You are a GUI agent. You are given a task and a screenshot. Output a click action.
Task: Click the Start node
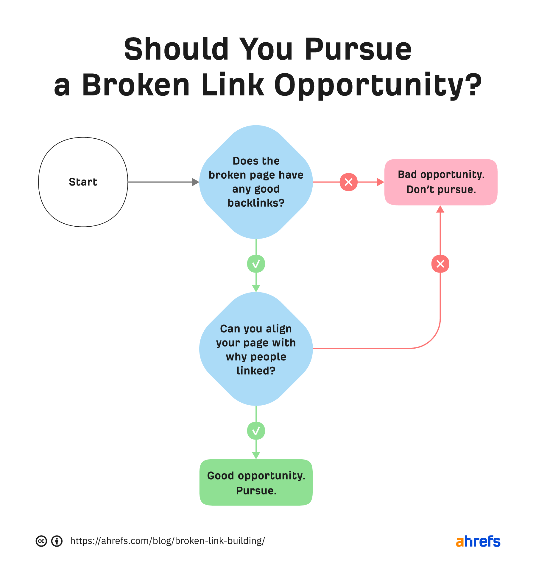83,182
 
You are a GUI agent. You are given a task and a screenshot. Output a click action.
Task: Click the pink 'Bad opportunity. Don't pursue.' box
441,182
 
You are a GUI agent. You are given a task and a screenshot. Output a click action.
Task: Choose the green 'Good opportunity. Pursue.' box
256,483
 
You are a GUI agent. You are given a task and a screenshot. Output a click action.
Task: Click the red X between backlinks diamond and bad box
348,182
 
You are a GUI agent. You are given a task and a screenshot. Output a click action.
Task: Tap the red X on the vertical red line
440,264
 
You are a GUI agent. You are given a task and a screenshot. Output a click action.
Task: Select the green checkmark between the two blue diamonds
256,264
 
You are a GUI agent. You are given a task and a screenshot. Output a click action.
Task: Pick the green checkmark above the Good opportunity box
256,431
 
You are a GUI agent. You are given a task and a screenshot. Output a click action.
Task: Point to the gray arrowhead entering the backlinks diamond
195,182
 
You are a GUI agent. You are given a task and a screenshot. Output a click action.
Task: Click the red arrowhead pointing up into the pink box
440,209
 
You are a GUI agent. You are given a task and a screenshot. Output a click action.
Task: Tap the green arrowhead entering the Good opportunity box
256,455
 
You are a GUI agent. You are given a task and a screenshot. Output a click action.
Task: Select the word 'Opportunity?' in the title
377,86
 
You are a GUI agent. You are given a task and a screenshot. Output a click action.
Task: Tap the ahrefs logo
478,541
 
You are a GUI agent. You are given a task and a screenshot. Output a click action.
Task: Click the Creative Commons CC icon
41,541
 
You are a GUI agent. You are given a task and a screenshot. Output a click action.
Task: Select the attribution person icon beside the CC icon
57,541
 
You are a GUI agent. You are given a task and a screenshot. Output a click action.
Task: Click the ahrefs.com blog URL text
167,541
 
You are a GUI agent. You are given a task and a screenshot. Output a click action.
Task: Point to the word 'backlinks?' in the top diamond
256,203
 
